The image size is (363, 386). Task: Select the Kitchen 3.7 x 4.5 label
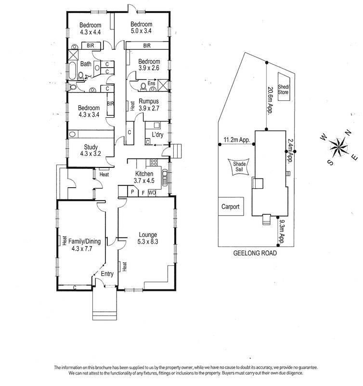pos(144,177)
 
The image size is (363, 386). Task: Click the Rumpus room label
pos(148,105)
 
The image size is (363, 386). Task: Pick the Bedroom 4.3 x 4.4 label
pos(91,29)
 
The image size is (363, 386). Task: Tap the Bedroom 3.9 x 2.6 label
pos(149,65)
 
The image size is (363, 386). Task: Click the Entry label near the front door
pos(107,274)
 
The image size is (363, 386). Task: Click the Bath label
pos(86,64)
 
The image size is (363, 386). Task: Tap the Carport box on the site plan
pos(230,206)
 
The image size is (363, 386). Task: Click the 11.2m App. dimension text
pos(235,141)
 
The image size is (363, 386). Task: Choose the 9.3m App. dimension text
pos(282,232)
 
